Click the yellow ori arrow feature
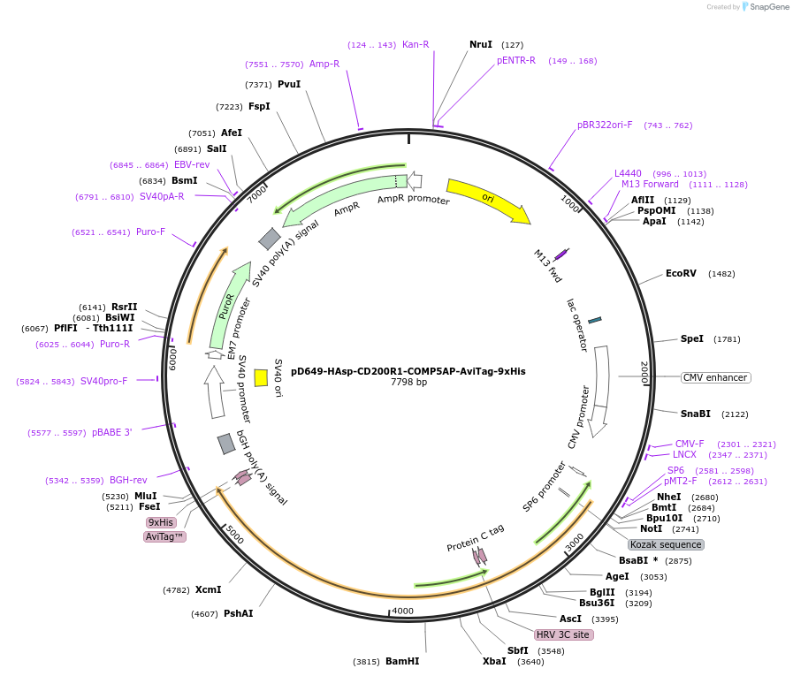click(x=486, y=199)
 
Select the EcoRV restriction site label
click(x=681, y=274)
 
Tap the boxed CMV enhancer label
click(x=715, y=377)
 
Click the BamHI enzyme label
click(x=402, y=661)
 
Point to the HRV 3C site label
click(x=562, y=634)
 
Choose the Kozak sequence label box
click(x=666, y=544)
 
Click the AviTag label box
click(x=164, y=536)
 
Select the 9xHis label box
click(x=161, y=522)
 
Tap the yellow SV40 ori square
click(x=261, y=378)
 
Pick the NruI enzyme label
click(x=481, y=44)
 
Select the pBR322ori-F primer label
click(x=605, y=125)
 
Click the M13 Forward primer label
click(x=650, y=185)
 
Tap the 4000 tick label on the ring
click(x=402, y=611)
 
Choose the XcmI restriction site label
click(x=208, y=589)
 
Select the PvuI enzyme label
click(x=289, y=84)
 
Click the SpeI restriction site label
click(x=692, y=339)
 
